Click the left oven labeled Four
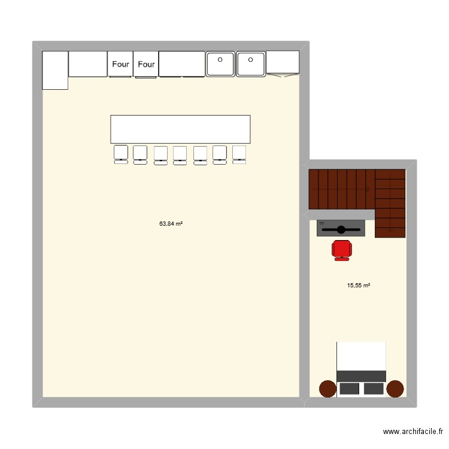pyautogui.click(x=120, y=64)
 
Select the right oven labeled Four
pyautogui.click(x=146, y=64)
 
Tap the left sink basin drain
pyautogui.click(x=220, y=59)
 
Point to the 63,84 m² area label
pyautogui.click(x=171, y=224)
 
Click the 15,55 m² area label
pyautogui.click(x=359, y=286)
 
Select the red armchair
pyautogui.click(x=341, y=249)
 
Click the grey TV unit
pyautogui.click(x=341, y=228)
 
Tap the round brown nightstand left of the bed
pyautogui.click(x=327, y=389)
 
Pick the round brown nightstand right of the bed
pyautogui.click(x=395, y=389)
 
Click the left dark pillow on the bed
pyautogui.click(x=348, y=389)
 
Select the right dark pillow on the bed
pyautogui.click(x=374, y=389)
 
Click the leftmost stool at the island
pyautogui.click(x=121, y=153)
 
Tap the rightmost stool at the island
pyautogui.click(x=239, y=153)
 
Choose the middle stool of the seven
pyautogui.click(x=180, y=154)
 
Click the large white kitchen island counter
pyautogui.click(x=180, y=129)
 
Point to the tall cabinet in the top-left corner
pyautogui.click(x=54, y=69)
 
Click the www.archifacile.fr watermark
pyautogui.click(x=412, y=432)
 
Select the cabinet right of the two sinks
pyautogui.click(x=283, y=63)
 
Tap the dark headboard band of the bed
pyautogui.click(x=361, y=375)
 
